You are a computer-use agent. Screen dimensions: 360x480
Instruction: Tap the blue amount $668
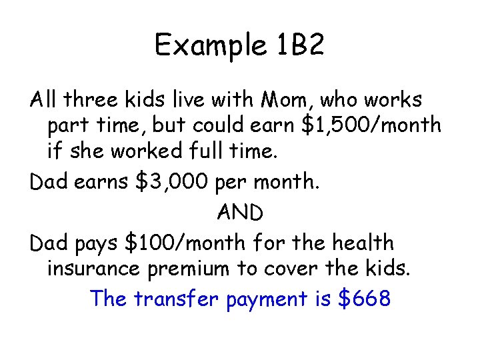(x=364, y=299)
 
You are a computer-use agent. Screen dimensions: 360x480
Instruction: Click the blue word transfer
(x=176, y=299)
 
